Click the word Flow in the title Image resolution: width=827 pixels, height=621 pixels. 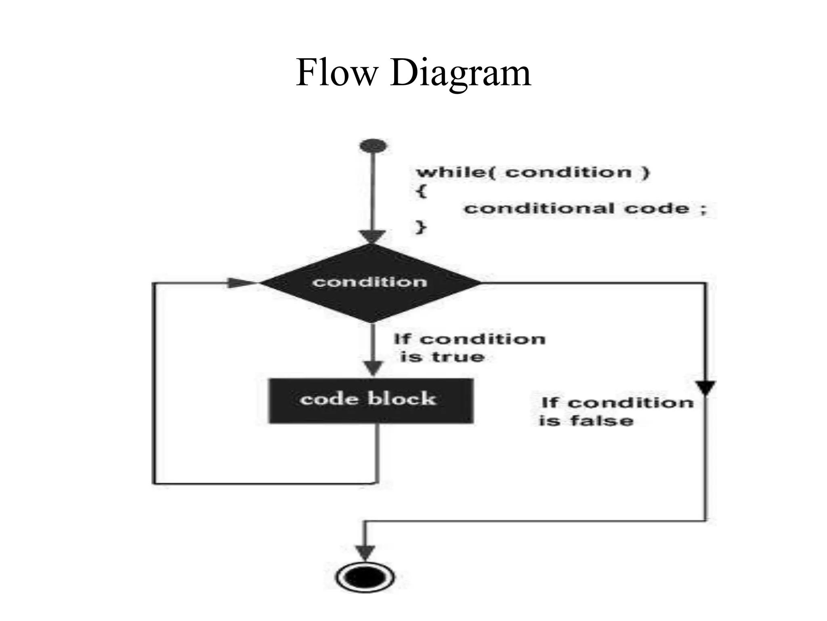[x=336, y=73]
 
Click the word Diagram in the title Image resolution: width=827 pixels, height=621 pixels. [x=460, y=74]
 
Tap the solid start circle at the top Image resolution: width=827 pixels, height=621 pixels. [x=373, y=146]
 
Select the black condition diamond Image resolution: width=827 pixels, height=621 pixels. [x=370, y=283]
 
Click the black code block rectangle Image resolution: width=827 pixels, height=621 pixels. [x=370, y=400]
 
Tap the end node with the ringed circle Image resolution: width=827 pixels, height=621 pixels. [x=365, y=577]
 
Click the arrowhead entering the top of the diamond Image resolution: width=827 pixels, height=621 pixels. [x=372, y=236]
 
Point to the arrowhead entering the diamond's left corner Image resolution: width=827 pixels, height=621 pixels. [x=240, y=283]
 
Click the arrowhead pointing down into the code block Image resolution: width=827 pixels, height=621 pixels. [x=373, y=368]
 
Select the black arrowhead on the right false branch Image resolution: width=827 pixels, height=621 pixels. [x=705, y=387]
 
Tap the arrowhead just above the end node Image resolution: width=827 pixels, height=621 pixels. [x=365, y=552]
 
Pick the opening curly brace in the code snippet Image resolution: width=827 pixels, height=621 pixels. [x=421, y=190]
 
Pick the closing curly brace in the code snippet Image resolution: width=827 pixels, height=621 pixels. [x=420, y=227]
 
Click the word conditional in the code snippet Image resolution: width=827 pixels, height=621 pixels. [x=539, y=209]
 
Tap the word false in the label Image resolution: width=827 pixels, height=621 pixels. [x=602, y=420]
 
